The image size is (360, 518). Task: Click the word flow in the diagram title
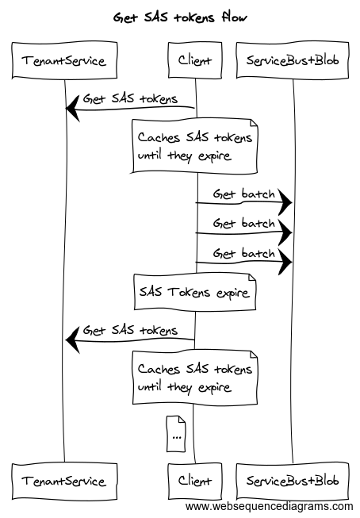234,17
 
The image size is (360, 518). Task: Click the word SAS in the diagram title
156,17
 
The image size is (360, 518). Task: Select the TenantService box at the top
64,60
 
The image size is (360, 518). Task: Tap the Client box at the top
195,60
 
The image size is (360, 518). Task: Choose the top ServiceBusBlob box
293,60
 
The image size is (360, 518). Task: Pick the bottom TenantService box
64,481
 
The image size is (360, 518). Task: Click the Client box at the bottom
195,481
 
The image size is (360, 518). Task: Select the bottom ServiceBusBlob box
293,481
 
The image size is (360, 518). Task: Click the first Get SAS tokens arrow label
130,98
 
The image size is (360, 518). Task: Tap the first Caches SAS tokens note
195,146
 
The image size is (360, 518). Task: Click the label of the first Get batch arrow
243,194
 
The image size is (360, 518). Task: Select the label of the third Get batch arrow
243,253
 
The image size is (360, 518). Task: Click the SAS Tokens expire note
195,292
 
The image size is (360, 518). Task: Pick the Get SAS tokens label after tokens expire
130,330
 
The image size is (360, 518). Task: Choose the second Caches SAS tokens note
195,378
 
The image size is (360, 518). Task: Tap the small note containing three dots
176,434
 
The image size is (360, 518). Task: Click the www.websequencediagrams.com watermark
269,506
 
